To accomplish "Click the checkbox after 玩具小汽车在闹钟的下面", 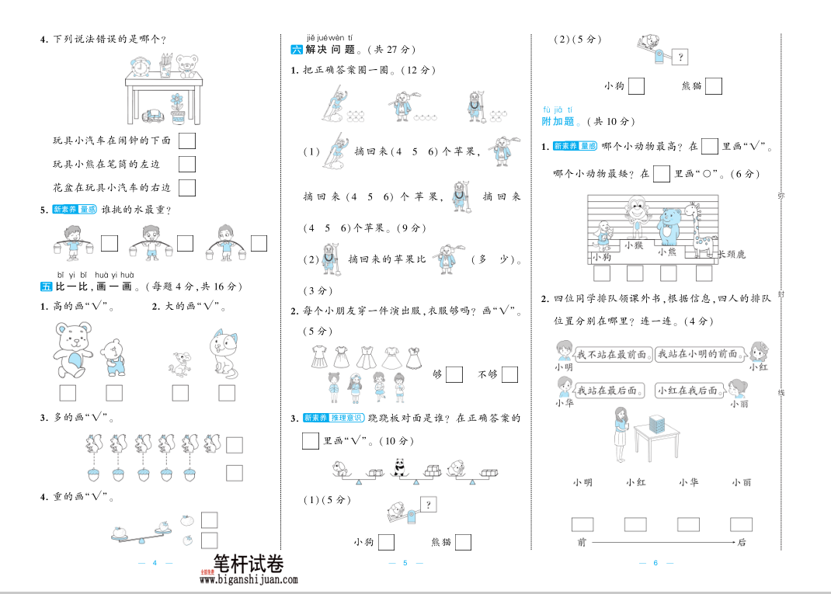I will [186, 141].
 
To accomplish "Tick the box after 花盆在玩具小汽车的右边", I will [186, 188].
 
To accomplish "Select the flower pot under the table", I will [179, 109].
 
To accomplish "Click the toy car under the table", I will [152, 115].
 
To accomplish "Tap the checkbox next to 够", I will [454, 374].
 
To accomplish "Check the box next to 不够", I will [509, 374].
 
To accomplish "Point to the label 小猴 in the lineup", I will [634, 245].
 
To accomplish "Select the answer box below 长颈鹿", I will [704, 273].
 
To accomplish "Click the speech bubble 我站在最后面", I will [608, 391].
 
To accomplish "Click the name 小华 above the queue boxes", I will [687, 482].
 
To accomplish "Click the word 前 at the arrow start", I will [582, 542].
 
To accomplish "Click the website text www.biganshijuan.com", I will [249, 579].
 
